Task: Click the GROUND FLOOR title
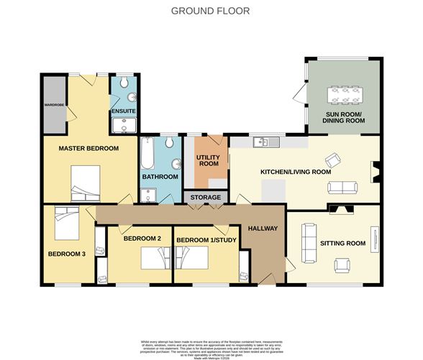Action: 211,11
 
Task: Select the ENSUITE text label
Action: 122,112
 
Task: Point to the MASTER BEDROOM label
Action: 88,148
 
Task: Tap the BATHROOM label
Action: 159,177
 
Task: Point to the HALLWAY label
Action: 263,229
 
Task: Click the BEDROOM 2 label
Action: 142,238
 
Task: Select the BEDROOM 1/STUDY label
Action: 206,239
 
